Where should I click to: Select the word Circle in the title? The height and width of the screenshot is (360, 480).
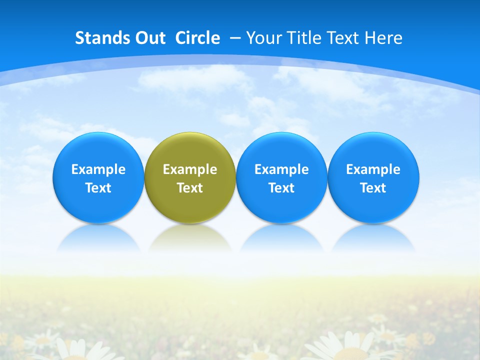(x=197, y=38)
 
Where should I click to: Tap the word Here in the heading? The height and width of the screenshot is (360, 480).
(x=383, y=38)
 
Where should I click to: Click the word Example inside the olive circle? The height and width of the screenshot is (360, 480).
(x=190, y=169)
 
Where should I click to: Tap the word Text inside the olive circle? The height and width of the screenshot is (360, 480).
(x=190, y=188)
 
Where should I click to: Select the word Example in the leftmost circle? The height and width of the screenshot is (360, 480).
(x=98, y=169)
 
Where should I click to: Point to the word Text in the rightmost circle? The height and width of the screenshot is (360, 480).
(x=373, y=188)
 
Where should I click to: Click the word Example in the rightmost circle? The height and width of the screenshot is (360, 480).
(x=373, y=169)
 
